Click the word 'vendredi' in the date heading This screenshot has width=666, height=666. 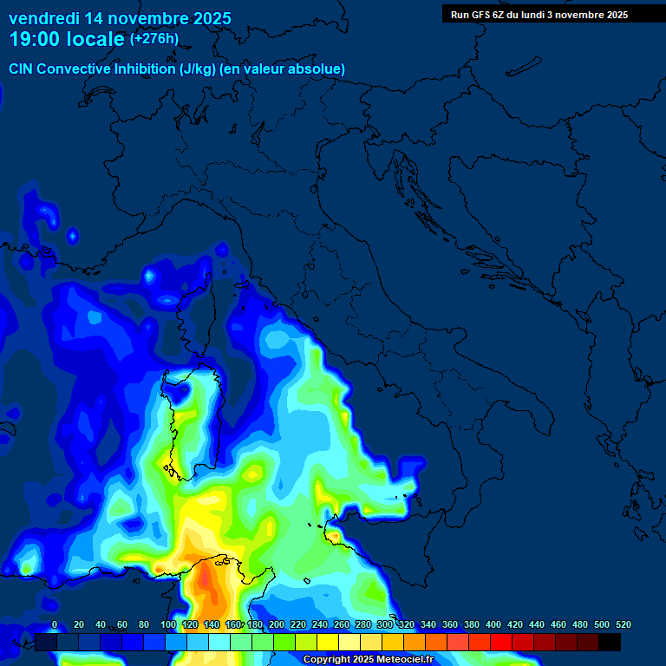point(44,18)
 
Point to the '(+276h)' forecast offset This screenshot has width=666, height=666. point(154,39)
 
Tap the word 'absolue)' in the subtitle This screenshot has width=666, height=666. point(317,69)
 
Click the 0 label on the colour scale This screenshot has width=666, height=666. point(55,624)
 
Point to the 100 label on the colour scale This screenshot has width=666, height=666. point(168,624)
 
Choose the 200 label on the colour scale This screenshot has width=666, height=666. point(277,624)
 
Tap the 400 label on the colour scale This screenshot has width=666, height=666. point(493,624)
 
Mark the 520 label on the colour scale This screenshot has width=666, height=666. point(623,624)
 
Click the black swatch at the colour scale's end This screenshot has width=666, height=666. point(610,642)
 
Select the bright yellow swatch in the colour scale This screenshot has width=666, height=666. point(328,642)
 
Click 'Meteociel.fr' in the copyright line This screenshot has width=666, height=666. point(405,660)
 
